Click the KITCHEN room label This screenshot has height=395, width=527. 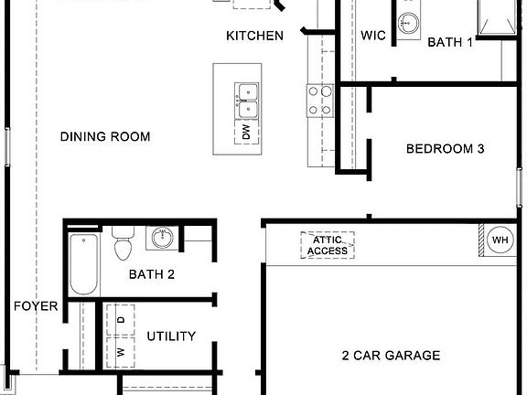tap(254, 36)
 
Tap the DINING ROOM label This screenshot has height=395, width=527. tap(105, 136)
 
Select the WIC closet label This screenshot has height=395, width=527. tap(373, 36)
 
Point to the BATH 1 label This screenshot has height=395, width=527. tap(450, 42)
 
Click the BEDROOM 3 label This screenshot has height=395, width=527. tap(445, 148)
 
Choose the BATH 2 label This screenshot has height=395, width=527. tap(151, 273)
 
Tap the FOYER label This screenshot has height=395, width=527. tap(36, 306)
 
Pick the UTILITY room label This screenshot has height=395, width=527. tap(171, 336)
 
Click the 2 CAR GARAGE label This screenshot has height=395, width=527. tap(391, 356)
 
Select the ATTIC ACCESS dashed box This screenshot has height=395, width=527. tap(328, 245)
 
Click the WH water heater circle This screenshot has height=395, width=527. tap(500, 240)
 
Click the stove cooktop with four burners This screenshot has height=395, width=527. tap(319, 100)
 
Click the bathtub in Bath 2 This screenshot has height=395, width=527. tap(84, 264)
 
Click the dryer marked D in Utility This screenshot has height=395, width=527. tap(120, 318)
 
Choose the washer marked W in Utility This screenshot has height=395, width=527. tap(120, 349)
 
